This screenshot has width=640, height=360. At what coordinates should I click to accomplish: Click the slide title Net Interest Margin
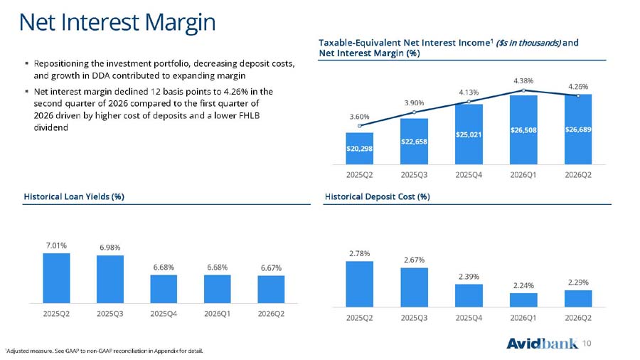(x=117, y=23)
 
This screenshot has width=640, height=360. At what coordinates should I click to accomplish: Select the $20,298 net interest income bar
(x=359, y=149)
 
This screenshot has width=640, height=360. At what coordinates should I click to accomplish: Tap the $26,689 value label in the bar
(x=578, y=129)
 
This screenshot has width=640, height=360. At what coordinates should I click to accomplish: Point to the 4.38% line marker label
(x=523, y=81)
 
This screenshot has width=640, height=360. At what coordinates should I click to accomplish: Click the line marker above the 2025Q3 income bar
(x=414, y=112)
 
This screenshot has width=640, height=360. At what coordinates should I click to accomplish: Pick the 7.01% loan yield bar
(x=56, y=278)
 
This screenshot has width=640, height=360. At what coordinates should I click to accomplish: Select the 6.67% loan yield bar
(x=271, y=290)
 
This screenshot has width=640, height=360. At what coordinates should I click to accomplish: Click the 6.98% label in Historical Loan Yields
(x=110, y=248)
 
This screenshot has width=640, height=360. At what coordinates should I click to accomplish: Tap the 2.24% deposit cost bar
(x=523, y=300)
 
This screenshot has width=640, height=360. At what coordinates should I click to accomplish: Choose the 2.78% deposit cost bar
(x=359, y=284)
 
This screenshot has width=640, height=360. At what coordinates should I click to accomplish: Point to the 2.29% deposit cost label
(x=578, y=282)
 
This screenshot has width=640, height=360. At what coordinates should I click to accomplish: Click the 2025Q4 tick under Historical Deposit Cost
(x=469, y=317)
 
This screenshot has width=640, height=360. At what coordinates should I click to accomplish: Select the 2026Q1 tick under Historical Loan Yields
(x=217, y=314)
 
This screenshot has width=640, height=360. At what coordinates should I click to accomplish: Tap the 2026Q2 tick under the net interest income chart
(x=578, y=175)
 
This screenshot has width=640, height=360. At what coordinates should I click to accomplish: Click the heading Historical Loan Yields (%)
(x=74, y=197)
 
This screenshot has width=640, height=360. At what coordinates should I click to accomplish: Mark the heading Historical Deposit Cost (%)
(x=377, y=197)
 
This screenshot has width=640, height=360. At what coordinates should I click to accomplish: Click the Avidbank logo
(x=542, y=343)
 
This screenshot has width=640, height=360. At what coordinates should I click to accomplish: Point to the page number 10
(x=587, y=343)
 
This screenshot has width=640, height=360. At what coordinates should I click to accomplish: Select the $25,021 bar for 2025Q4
(x=469, y=134)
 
